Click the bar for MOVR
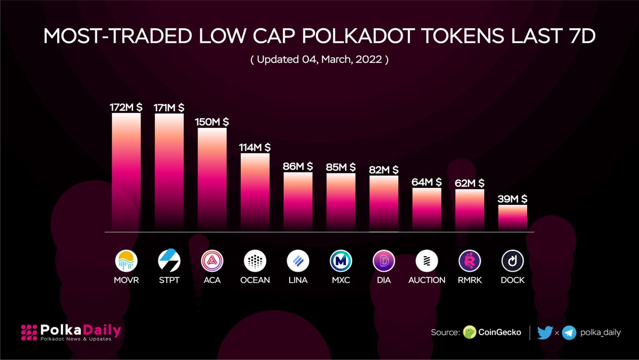tap(126, 172)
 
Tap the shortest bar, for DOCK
tap(513, 218)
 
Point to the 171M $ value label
tap(169, 107)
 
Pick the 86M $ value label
tap(298, 167)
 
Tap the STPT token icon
tap(169, 261)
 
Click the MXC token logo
tap(341, 261)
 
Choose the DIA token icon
tap(384, 261)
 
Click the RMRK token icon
tap(470, 261)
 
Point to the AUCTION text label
tap(427, 280)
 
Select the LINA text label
tap(298, 280)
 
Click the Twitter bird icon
tap(545, 332)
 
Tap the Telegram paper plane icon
tap(569, 332)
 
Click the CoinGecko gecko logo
tap(470, 332)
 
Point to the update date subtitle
tap(319, 60)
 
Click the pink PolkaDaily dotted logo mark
tap(29, 333)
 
